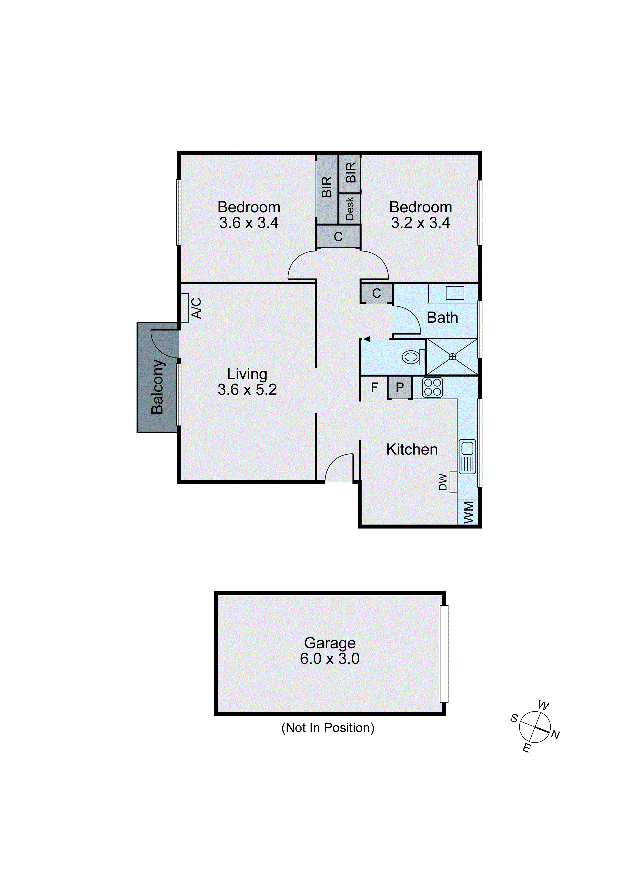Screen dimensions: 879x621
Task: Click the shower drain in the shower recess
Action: [452, 357]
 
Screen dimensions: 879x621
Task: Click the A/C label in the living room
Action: [196, 308]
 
